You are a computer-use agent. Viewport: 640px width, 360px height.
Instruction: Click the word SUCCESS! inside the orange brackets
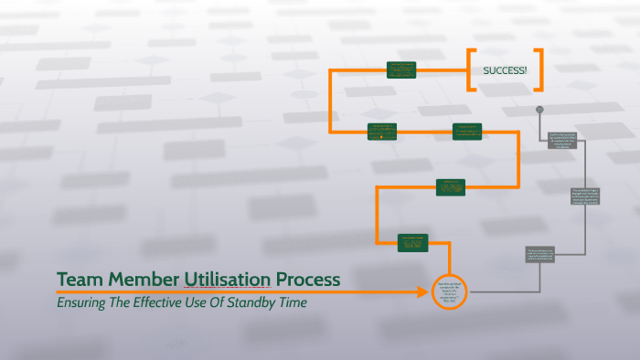505,70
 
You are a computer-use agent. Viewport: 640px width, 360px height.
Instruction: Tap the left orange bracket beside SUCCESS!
470,70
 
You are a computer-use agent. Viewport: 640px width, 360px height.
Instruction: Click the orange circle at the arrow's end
449,291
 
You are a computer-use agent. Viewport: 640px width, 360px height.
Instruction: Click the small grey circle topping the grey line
540,110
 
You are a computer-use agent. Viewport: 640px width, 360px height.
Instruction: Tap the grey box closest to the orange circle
539,255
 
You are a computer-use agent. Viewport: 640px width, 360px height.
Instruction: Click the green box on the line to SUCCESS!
400,69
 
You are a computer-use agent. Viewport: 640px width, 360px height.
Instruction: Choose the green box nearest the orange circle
412,242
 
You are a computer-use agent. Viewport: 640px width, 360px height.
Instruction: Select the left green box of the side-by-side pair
381,132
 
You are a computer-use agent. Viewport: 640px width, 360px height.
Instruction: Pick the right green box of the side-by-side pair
468,132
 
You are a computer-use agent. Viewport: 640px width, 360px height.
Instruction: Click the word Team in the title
77,279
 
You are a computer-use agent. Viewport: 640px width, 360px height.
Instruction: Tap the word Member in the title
140,279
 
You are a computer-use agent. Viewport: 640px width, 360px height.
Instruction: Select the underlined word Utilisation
228,279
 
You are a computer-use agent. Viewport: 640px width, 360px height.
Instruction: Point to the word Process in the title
308,279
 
